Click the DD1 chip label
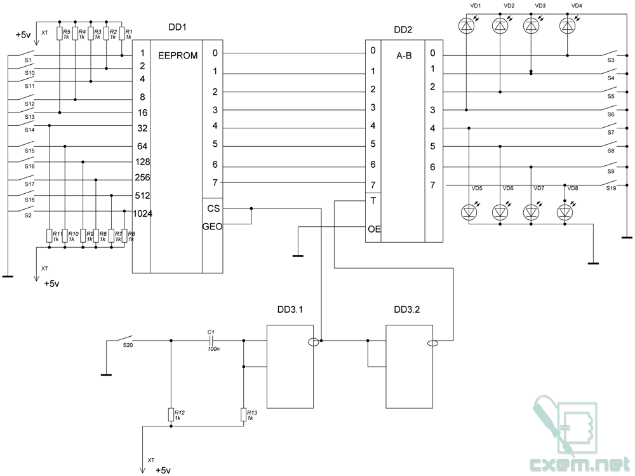click(177, 27)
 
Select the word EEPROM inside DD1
click(178, 55)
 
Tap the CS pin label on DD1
click(213, 208)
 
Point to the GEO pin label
click(212, 226)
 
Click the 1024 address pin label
click(142, 214)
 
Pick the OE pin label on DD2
click(374, 229)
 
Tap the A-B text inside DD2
click(404, 55)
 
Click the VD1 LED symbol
click(466, 26)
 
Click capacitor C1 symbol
click(211, 341)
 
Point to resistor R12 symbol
click(171, 415)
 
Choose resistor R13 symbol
click(244, 415)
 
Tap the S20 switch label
click(128, 345)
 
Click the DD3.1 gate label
click(290, 309)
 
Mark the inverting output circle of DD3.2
click(432, 344)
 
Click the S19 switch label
click(611, 188)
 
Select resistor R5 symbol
click(60, 34)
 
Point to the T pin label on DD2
click(373, 201)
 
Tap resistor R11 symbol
click(49, 236)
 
